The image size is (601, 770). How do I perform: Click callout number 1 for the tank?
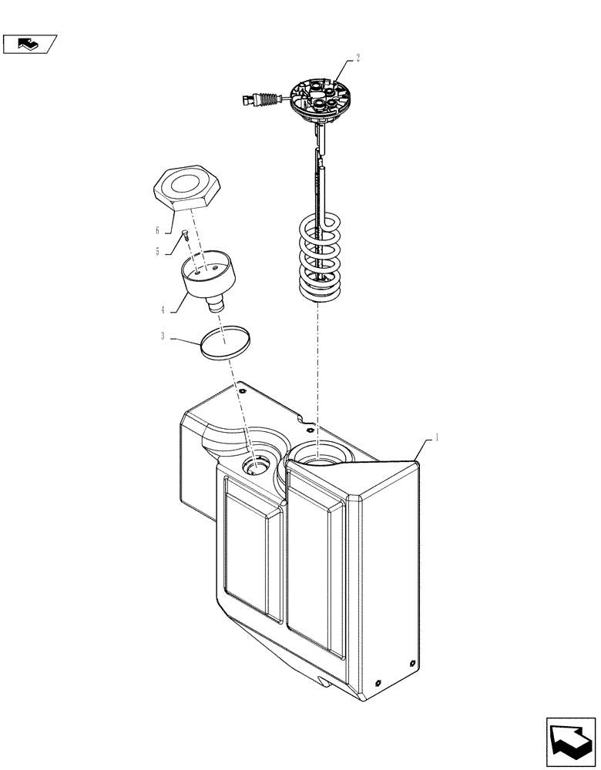pyautogui.click(x=437, y=437)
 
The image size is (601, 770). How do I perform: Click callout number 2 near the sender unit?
pyautogui.click(x=358, y=58)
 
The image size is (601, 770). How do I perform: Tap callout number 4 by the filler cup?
pyautogui.click(x=163, y=310)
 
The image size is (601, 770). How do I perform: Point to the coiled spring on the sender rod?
pyautogui.click(x=321, y=258)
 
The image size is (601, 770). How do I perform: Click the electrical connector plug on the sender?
pyautogui.click(x=251, y=99)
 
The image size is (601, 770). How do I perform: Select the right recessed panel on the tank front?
pyautogui.click(x=316, y=562)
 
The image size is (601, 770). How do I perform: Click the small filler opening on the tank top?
pyautogui.click(x=256, y=465)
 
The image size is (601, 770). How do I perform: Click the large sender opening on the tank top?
pyautogui.click(x=320, y=460)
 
